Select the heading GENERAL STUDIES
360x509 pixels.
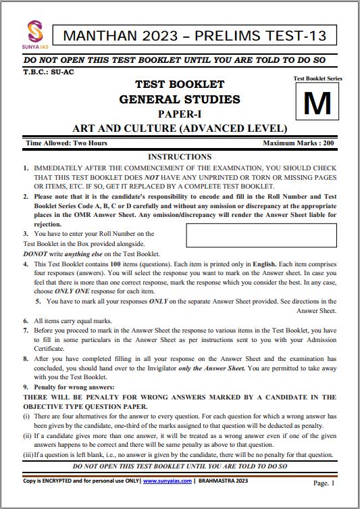point(179,99)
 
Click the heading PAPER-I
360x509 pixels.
point(180,114)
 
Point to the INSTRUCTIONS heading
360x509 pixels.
point(179,156)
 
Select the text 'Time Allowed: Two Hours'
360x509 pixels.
point(66,143)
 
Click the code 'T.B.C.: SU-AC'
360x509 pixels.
point(50,71)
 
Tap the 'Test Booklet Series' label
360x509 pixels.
point(317,78)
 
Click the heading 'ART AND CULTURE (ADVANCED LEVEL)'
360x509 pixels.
point(180,128)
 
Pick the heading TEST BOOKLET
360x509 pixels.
point(180,84)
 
